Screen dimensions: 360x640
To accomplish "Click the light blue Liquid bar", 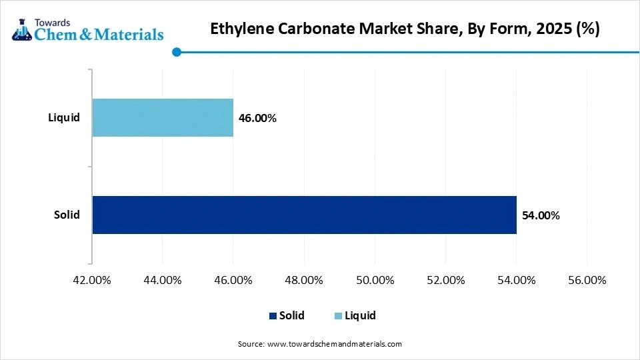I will (163, 118).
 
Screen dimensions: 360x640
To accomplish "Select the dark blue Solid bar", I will (304, 215).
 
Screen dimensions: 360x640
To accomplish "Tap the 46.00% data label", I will (257, 118).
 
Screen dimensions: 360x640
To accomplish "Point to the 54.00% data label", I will (541, 215).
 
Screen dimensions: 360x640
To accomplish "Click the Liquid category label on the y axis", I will (64, 118).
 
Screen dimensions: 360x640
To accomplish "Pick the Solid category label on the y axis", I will (67, 215).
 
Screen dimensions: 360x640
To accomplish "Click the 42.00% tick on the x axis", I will (91, 280).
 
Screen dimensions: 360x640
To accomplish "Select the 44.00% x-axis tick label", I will (163, 280).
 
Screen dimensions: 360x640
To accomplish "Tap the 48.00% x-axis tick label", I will (304, 280).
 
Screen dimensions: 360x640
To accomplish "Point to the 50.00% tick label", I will (375, 280).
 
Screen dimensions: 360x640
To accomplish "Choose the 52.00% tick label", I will (445, 280).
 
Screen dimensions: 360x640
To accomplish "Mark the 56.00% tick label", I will (587, 280).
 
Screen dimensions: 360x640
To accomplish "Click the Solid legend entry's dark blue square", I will (272, 316).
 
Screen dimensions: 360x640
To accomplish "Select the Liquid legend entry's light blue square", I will (338, 316).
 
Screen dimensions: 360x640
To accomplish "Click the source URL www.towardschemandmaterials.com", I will (334, 344).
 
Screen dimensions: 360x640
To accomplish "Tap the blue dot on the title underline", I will (176, 52).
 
